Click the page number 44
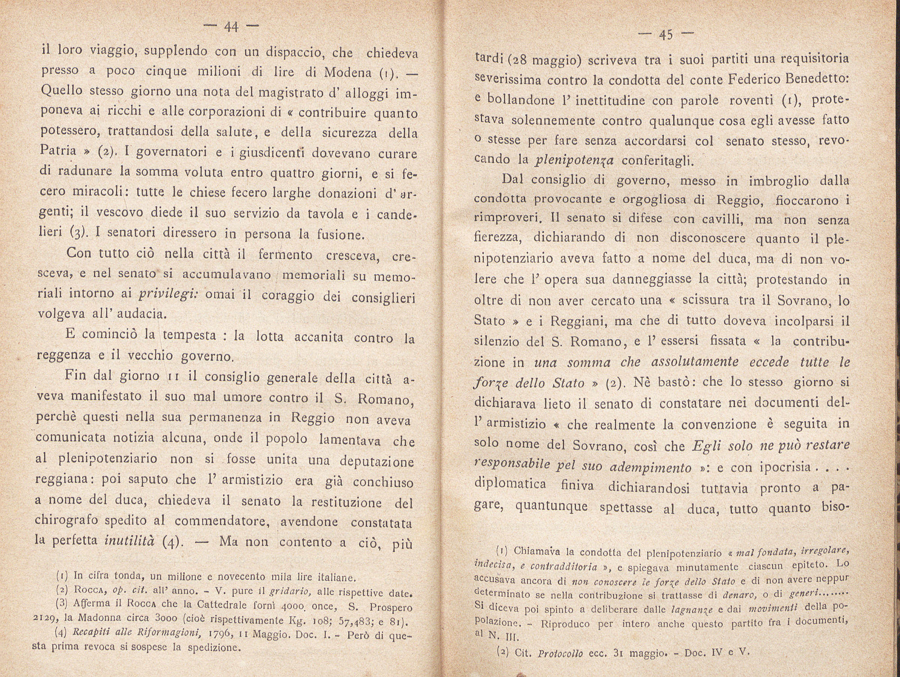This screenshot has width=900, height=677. coord(231,28)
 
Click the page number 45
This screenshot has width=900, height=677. coord(665,35)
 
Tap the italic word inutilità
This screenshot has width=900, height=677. coord(130,541)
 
